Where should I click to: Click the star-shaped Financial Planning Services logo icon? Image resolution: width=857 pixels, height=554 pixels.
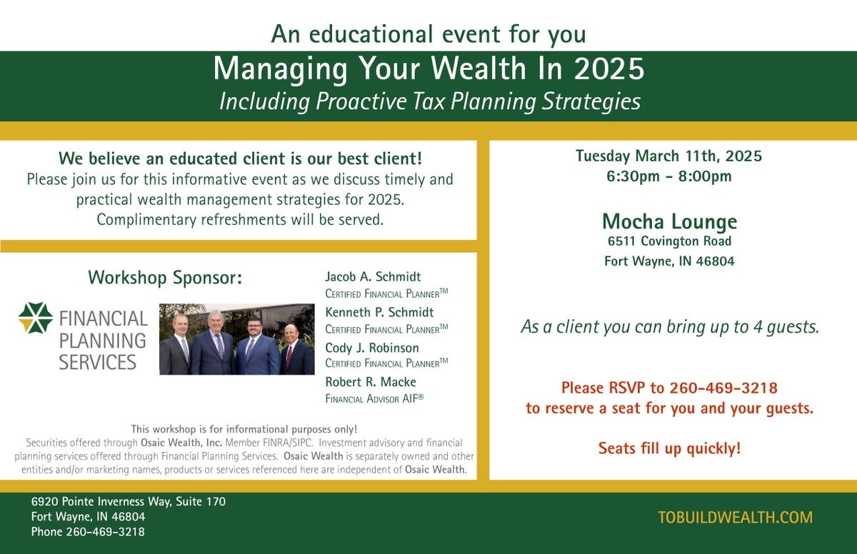tap(36, 318)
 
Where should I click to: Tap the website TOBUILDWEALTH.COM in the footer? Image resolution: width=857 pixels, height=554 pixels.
tap(736, 518)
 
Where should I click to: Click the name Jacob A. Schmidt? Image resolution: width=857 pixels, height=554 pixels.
tap(373, 276)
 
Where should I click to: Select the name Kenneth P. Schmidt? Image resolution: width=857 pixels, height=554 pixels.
tap(379, 312)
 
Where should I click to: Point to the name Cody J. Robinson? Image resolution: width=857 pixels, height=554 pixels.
tap(372, 348)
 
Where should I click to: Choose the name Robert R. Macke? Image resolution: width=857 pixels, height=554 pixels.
tap(371, 381)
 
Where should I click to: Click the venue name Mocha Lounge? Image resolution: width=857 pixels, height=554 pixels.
tap(670, 221)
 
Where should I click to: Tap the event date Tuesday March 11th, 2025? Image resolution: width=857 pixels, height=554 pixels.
tap(668, 156)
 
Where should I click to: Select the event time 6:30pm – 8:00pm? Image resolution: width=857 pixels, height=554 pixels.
tap(669, 176)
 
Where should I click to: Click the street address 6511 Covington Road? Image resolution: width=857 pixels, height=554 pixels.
tap(670, 241)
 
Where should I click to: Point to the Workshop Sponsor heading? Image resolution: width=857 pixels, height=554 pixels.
tap(165, 278)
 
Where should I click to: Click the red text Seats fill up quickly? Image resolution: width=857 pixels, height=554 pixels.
tap(670, 448)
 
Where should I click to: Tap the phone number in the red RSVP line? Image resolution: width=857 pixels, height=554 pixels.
tap(723, 388)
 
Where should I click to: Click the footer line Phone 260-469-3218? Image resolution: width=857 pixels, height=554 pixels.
tap(88, 532)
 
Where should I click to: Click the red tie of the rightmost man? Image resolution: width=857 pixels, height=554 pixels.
tap(289, 356)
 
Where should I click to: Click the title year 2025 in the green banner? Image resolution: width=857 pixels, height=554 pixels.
tap(609, 69)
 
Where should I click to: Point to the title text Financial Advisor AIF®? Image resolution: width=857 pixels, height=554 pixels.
tap(374, 399)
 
